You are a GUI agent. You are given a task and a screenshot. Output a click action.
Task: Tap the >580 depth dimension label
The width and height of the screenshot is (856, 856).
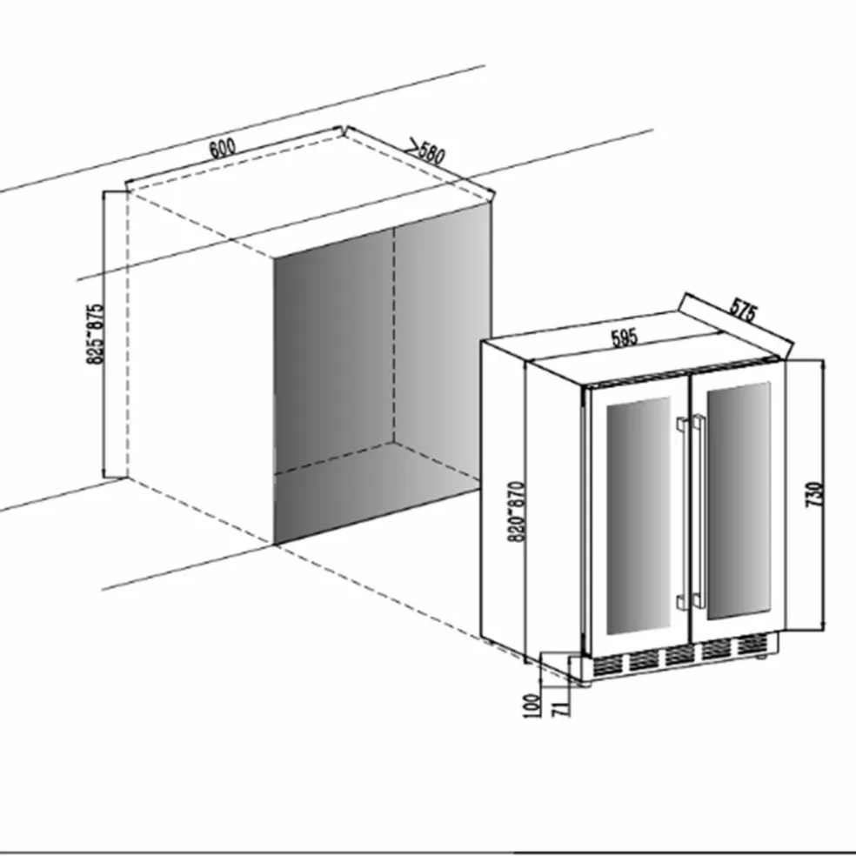pos(426,150)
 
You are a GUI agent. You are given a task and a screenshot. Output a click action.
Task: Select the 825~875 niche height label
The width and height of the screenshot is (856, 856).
pos(95,333)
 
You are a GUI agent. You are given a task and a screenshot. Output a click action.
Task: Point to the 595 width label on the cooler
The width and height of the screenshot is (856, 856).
pos(625,338)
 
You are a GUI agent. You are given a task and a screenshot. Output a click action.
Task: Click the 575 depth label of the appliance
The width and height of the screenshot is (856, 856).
pos(744,310)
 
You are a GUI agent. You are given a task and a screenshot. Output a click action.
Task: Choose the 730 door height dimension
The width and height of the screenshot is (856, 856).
pos(813,494)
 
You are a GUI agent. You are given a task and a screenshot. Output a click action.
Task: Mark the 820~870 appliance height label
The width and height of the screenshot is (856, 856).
pos(517,512)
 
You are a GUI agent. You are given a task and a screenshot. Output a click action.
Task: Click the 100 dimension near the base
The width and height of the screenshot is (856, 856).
pos(532,706)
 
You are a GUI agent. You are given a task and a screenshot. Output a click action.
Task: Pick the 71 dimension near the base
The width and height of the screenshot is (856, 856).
pos(561,709)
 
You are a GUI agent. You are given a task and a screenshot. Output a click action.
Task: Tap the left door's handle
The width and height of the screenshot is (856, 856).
pos(682,514)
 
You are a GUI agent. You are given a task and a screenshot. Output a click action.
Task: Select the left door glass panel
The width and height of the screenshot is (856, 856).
pos(639,515)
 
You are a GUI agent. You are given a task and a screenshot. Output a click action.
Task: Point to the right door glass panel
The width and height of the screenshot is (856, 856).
pos(739,500)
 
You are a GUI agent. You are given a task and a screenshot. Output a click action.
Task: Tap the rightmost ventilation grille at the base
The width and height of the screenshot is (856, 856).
pos(752,645)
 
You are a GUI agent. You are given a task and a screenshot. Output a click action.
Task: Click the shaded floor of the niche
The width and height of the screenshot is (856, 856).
pos(377,492)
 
